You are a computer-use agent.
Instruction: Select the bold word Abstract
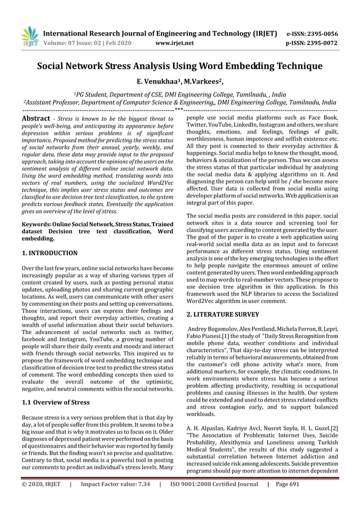pyautogui.click(x=35, y=119)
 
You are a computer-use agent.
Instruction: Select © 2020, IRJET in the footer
pyautogui.click(x=41, y=500)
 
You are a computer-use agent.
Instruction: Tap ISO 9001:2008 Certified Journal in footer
pyautogui.click(x=214, y=500)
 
